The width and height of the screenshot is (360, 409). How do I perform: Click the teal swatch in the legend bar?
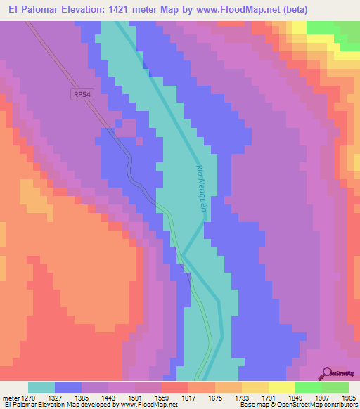(x=41, y=387)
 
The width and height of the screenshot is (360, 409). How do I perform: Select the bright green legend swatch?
(x=308, y=387)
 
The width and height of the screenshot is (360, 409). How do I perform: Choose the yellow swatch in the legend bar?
(x=281, y=387)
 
